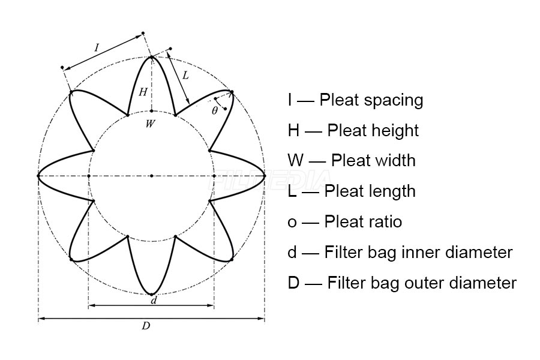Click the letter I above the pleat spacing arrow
[97, 47]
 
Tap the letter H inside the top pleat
[143, 92]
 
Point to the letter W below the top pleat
[150, 124]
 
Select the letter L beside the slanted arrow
[185, 75]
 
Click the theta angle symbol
[215, 110]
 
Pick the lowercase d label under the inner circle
[154, 300]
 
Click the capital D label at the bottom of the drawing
[146, 326]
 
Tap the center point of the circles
[152, 176]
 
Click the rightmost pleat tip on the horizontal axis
[265, 176]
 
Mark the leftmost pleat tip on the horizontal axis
[38, 176]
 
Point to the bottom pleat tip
[152, 295]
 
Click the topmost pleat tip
[152, 57]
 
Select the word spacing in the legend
[393, 101]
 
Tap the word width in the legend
[394, 161]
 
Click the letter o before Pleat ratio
[292, 223]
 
